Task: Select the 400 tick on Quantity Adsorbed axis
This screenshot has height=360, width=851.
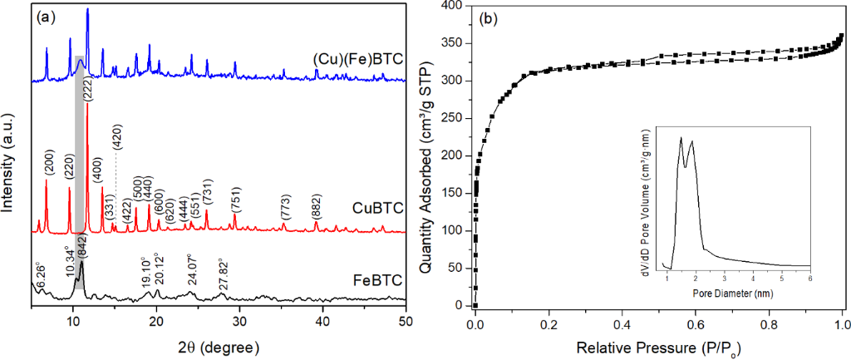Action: coord(451,6)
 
